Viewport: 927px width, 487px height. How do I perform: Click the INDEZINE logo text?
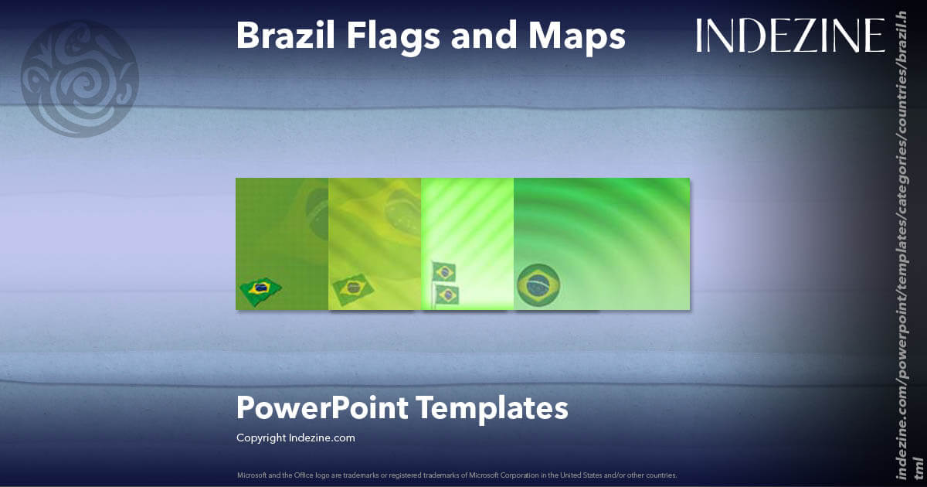790,36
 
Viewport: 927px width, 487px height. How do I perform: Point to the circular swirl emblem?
80,78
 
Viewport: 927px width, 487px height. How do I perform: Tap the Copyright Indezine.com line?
296,438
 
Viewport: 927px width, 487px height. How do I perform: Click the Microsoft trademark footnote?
457,475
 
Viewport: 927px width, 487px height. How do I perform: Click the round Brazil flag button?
538,285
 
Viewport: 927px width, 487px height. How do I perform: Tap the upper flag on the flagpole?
444,271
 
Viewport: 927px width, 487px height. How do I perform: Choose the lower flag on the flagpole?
447,295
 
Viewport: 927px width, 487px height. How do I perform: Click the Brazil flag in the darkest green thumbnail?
260,290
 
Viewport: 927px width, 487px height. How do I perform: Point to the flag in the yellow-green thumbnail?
353,288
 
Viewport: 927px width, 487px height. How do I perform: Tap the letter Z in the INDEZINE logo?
797,36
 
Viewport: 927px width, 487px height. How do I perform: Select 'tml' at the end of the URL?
918,465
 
